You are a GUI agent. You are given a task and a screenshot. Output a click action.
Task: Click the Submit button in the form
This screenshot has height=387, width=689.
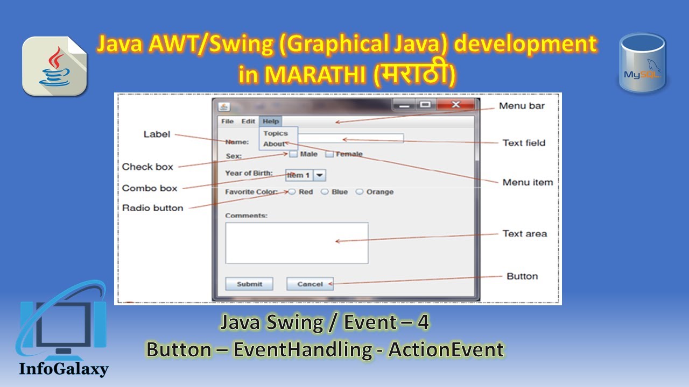pyautogui.click(x=249, y=284)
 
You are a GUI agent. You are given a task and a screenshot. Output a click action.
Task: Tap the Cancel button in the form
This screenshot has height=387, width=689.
pyautogui.click(x=310, y=284)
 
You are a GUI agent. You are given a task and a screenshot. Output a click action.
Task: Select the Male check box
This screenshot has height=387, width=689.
pyautogui.click(x=293, y=154)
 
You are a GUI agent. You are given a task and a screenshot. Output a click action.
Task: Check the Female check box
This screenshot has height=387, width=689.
pyautogui.click(x=329, y=154)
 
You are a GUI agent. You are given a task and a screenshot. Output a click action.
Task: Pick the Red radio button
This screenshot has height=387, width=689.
pyautogui.click(x=292, y=192)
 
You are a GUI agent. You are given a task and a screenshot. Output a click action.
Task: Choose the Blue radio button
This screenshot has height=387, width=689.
pyautogui.click(x=325, y=192)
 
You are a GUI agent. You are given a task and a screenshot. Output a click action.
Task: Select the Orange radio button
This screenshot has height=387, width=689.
pyautogui.click(x=360, y=192)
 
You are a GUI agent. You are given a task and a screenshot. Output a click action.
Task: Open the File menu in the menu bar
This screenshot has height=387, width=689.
pyautogui.click(x=227, y=121)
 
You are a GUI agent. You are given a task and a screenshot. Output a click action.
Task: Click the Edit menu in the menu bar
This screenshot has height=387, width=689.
pyautogui.click(x=248, y=121)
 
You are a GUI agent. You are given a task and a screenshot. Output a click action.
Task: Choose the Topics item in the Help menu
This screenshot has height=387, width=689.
pyautogui.click(x=276, y=133)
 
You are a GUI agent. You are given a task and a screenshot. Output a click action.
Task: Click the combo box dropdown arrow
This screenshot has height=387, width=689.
pyautogui.click(x=320, y=175)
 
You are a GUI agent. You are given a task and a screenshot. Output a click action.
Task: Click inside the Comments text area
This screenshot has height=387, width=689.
pyautogui.click(x=297, y=243)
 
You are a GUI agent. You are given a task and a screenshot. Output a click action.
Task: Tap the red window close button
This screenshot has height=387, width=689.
pyautogui.click(x=455, y=104)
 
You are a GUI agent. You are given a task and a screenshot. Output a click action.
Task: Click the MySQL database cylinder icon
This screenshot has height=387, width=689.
pyautogui.click(x=642, y=63)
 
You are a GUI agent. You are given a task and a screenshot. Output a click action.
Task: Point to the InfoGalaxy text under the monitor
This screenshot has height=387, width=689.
pyautogui.click(x=64, y=369)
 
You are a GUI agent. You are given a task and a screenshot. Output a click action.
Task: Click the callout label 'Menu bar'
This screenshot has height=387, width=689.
pyautogui.click(x=522, y=106)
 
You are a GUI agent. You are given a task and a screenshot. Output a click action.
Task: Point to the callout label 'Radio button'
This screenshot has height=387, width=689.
pyautogui.click(x=152, y=208)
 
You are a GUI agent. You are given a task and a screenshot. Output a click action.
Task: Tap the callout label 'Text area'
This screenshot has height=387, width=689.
pyautogui.click(x=524, y=234)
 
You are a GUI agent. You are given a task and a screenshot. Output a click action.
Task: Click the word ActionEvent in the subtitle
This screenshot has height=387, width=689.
pyautogui.click(x=446, y=350)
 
